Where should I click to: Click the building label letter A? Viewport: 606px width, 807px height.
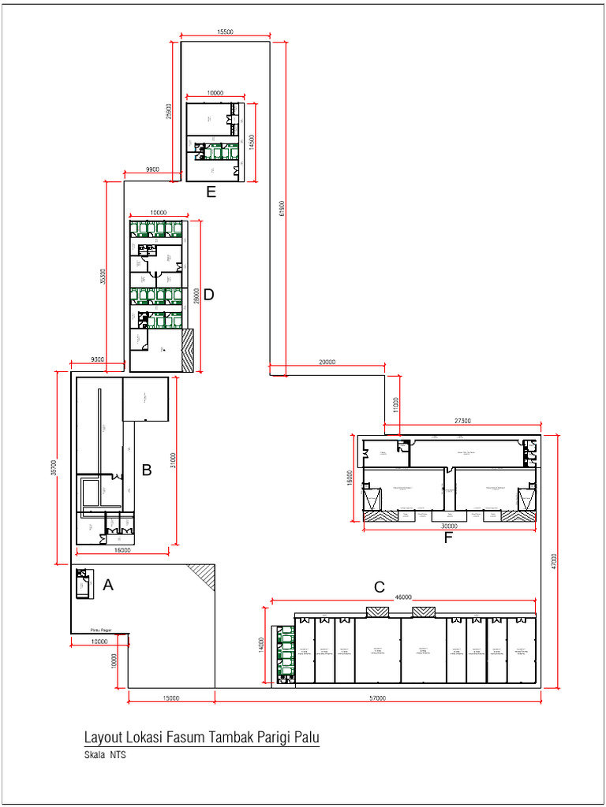pyautogui.click(x=108, y=585)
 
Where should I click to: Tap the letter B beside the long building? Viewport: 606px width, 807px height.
pyautogui.click(x=146, y=470)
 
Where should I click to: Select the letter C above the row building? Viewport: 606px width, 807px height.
pyautogui.click(x=380, y=587)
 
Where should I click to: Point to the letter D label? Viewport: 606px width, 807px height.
pyautogui.click(x=209, y=295)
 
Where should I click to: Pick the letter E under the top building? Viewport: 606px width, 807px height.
pyautogui.click(x=211, y=191)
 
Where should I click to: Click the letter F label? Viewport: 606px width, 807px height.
pyautogui.click(x=449, y=539)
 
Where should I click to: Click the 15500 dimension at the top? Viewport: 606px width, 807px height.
pyautogui.click(x=225, y=32)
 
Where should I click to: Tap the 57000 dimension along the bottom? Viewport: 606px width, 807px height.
pyautogui.click(x=378, y=698)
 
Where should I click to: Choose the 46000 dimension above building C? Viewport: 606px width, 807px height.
pyautogui.click(x=403, y=597)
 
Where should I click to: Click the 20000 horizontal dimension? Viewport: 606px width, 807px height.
pyautogui.click(x=327, y=362)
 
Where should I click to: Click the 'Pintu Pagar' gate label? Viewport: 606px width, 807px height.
pyautogui.click(x=100, y=630)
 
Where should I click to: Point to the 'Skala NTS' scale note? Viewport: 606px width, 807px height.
pyautogui.click(x=105, y=755)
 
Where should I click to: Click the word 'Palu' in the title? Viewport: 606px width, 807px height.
pyautogui.click(x=307, y=738)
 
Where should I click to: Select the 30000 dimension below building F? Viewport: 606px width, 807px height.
pyautogui.click(x=449, y=526)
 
